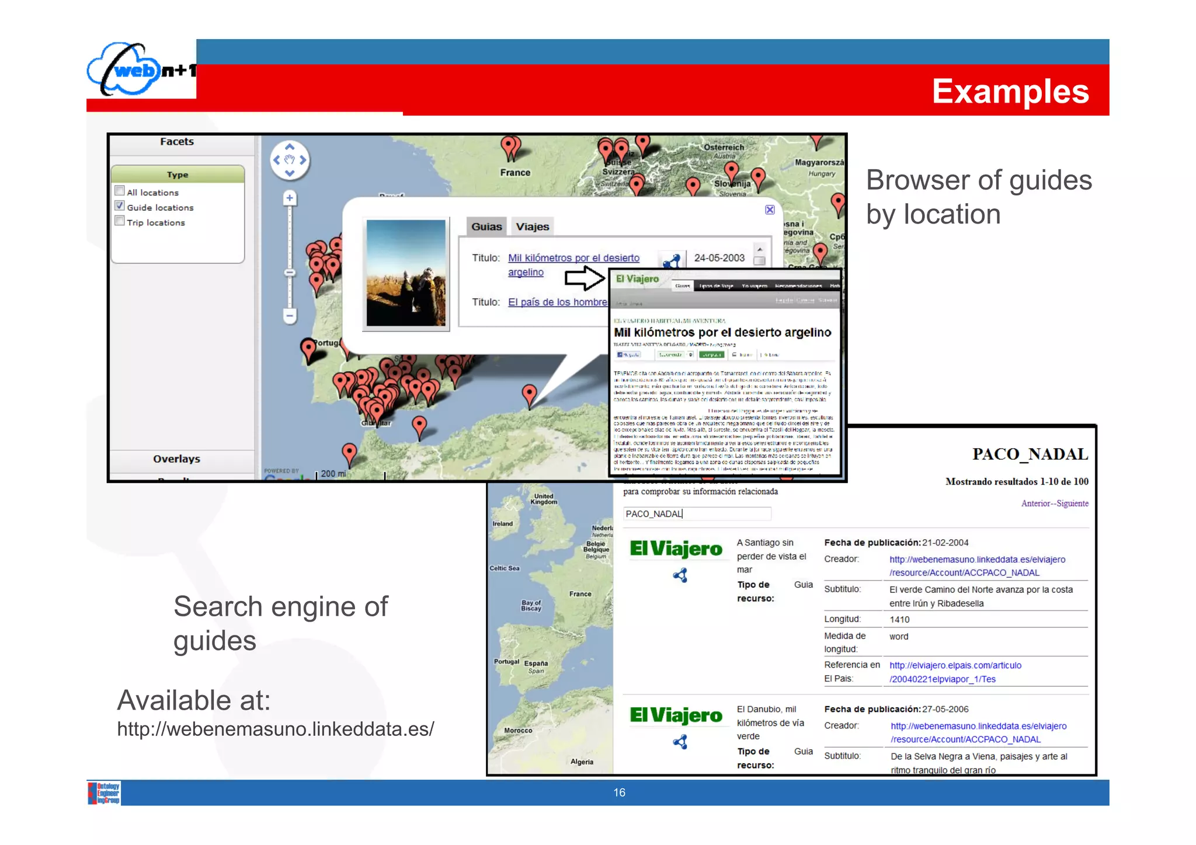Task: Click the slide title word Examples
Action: coord(1010,92)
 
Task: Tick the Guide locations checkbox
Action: coord(120,206)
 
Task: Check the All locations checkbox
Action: coord(120,191)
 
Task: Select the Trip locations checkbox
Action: coord(120,221)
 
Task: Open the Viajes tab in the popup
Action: coord(532,226)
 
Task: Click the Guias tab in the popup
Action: coord(486,226)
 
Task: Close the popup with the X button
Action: coord(770,209)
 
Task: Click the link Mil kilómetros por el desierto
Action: coord(573,258)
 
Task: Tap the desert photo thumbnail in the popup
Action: coord(406,273)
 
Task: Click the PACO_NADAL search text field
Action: coord(697,514)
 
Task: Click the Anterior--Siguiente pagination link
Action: coord(1054,503)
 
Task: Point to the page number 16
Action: coord(619,792)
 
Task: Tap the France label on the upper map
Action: coord(515,173)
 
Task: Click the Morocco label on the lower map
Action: coord(518,730)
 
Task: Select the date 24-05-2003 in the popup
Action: coord(719,258)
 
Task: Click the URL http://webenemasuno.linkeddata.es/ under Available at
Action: coord(276,729)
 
